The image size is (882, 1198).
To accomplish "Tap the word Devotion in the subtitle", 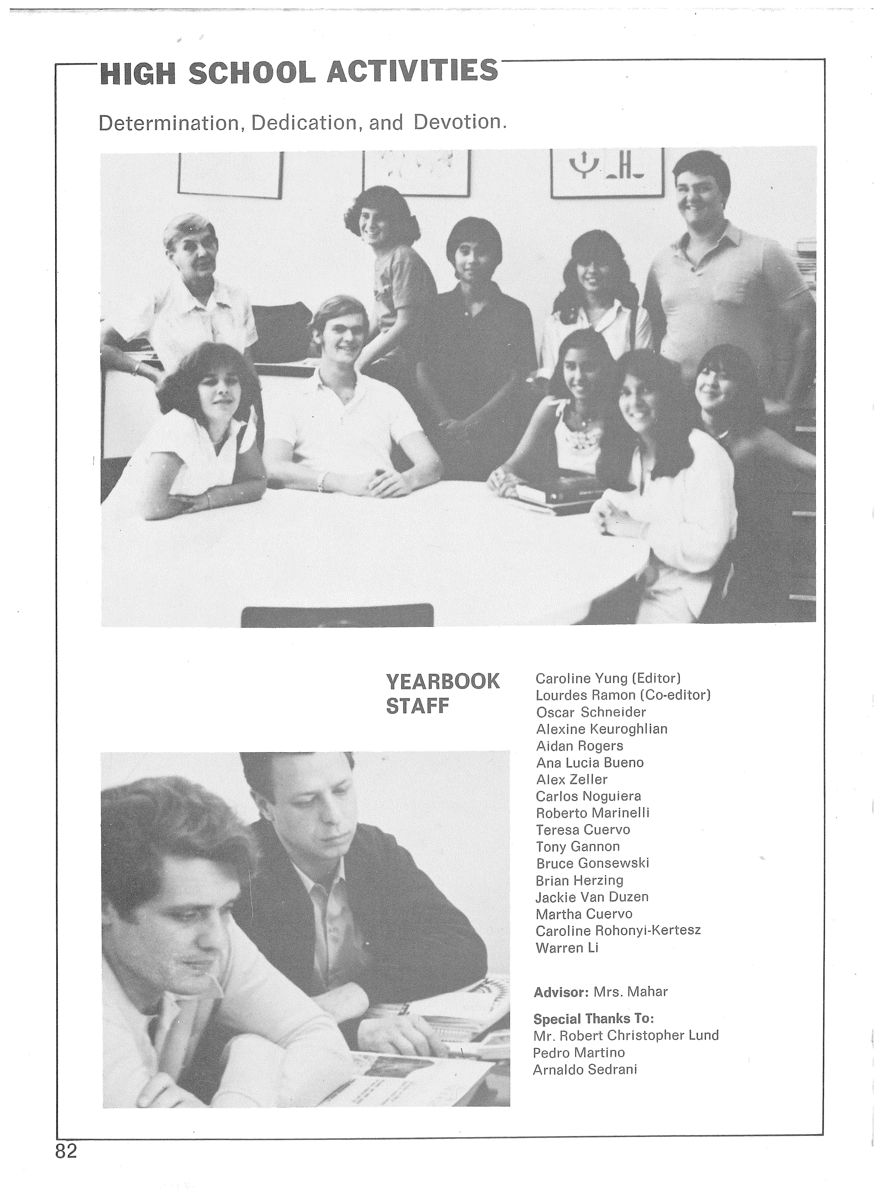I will pos(459,122).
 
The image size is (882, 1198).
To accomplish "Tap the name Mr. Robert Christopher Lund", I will pos(626,1036).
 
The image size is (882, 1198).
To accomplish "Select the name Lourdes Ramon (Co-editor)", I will pos(623,695).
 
